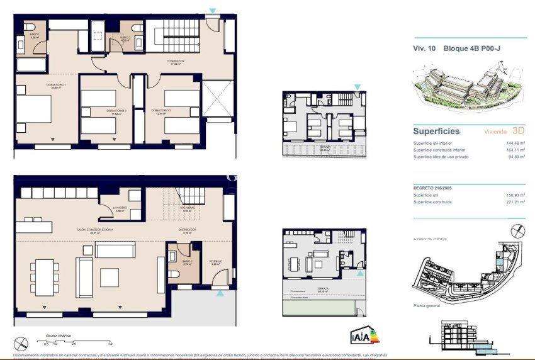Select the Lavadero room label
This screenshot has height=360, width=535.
(x=120, y=208)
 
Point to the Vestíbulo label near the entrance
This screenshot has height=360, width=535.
(x=216, y=262)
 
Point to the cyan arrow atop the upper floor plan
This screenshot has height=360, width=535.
(x=213, y=11)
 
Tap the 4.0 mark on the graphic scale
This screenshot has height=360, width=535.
(x=110, y=344)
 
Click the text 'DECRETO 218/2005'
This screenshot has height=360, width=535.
(x=433, y=188)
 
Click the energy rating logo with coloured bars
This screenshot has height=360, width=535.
(x=363, y=337)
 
